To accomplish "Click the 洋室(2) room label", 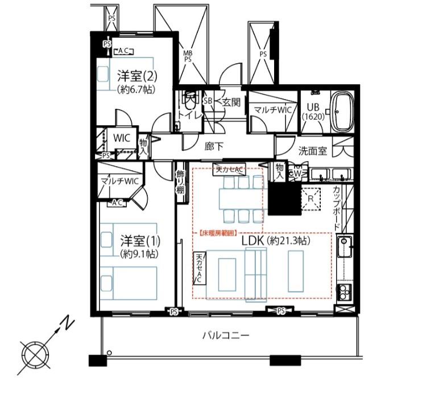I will (x=137, y=75).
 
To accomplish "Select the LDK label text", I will (x=253, y=241).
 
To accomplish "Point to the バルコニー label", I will (x=226, y=336).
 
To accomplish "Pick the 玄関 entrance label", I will (x=231, y=102).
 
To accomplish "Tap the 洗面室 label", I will (x=313, y=151).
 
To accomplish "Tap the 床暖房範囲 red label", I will (x=218, y=232).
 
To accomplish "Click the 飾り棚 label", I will (x=180, y=182).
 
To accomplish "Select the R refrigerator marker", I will (x=310, y=198).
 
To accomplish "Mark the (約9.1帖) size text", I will (x=138, y=254).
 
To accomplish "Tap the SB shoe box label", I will (x=208, y=101).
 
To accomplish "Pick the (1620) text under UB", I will (x=313, y=117).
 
